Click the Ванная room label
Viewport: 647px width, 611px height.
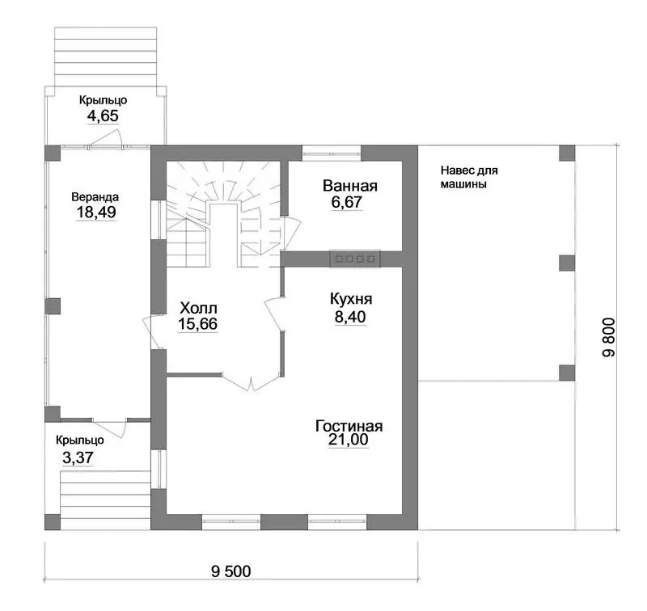coord(350,186)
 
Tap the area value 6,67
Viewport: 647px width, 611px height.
coord(347,202)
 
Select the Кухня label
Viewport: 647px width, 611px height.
coord(351,299)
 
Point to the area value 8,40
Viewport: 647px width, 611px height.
coord(350,317)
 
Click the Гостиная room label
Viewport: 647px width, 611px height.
coord(349,426)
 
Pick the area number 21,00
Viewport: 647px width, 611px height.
coord(349,440)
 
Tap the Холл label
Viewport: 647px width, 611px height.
coord(198,308)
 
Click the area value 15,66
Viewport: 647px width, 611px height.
coord(197,324)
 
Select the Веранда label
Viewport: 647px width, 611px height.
coord(95,196)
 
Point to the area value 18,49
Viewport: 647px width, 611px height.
coord(96,213)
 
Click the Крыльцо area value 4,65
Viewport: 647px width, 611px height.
coord(103,116)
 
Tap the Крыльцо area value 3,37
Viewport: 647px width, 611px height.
coord(78,457)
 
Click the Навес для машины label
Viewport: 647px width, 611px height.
coord(469,177)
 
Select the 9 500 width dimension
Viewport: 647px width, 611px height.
coord(231,571)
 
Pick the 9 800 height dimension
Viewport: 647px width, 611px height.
coord(608,337)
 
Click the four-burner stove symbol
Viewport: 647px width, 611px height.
coord(355,259)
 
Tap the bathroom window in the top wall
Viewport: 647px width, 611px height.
coord(332,153)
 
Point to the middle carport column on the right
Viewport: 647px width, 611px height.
coord(567,263)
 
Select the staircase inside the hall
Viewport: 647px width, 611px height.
coord(224,214)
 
